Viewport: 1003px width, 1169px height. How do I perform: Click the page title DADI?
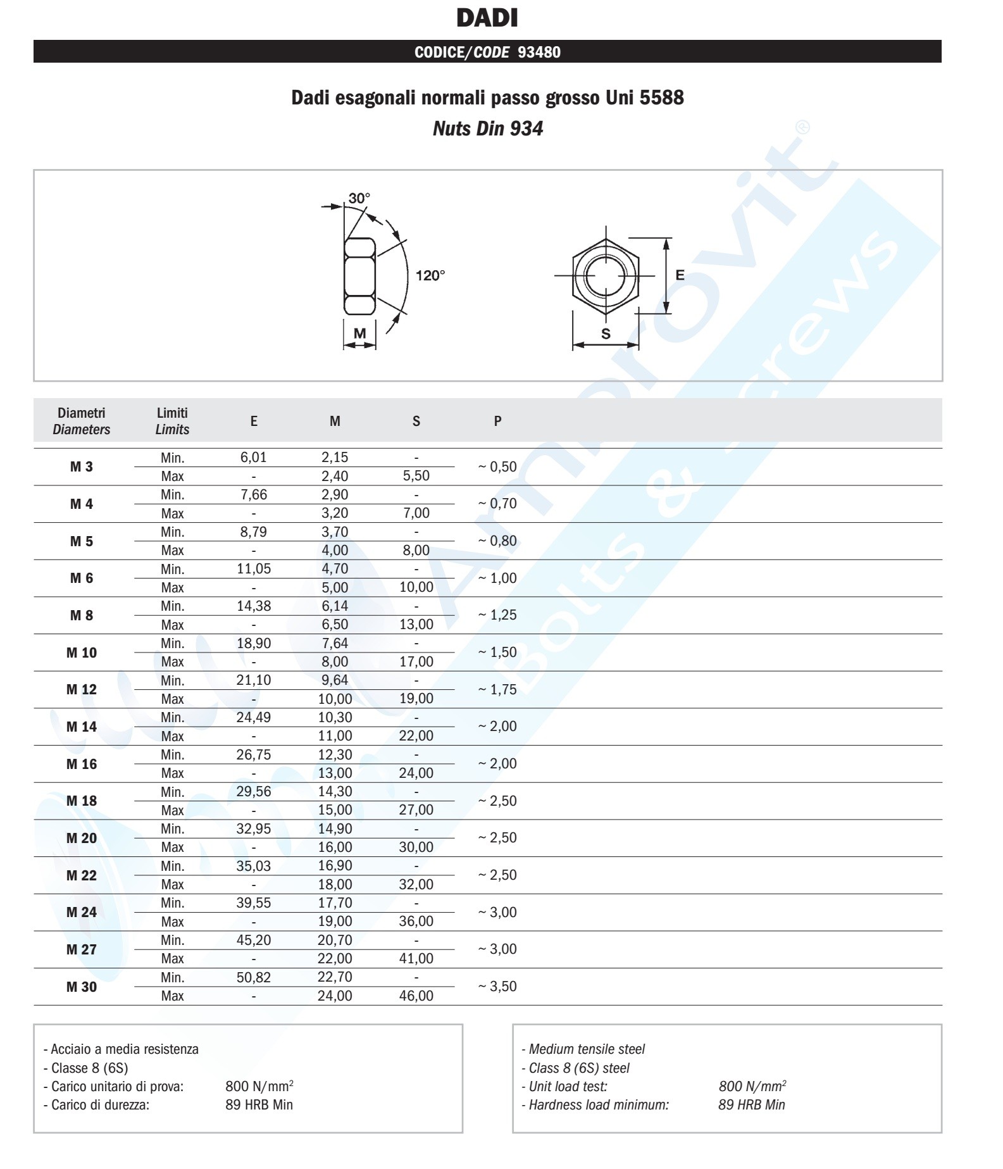point(487,18)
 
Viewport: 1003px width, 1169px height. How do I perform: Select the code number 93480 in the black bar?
point(539,52)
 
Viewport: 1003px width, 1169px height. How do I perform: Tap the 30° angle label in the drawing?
point(359,198)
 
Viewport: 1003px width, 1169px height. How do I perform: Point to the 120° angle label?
point(430,275)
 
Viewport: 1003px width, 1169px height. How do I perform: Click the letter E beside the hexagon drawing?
point(680,275)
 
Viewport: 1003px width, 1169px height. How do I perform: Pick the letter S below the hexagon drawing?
point(606,334)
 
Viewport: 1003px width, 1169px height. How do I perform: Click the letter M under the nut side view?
point(359,334)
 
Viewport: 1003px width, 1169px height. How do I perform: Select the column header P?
point(497,421)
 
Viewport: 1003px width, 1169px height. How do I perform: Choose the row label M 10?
point(82,653)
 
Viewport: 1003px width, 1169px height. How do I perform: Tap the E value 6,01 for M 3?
point(254,458)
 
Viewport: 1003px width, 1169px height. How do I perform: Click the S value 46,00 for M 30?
point(416,996)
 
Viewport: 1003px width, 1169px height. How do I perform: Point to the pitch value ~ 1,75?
point(497,689)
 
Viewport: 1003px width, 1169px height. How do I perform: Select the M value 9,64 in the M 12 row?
point(335,680)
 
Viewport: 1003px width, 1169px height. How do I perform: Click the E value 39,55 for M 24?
point(254,903)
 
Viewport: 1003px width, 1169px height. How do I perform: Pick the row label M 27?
point(82,949)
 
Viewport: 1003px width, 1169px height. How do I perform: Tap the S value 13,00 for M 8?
point(416,625)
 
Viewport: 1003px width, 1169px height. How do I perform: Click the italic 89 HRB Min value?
point(752,1105)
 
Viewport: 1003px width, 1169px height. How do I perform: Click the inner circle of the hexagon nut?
point(606,276)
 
